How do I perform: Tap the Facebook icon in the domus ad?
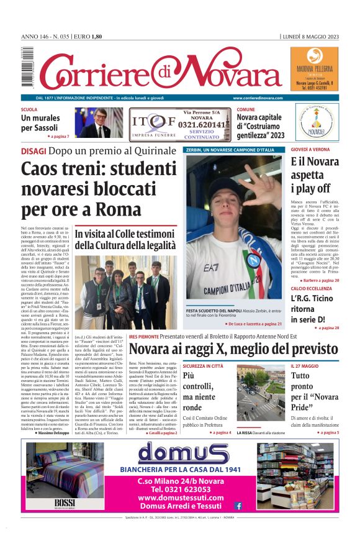[x=238, y=506]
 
